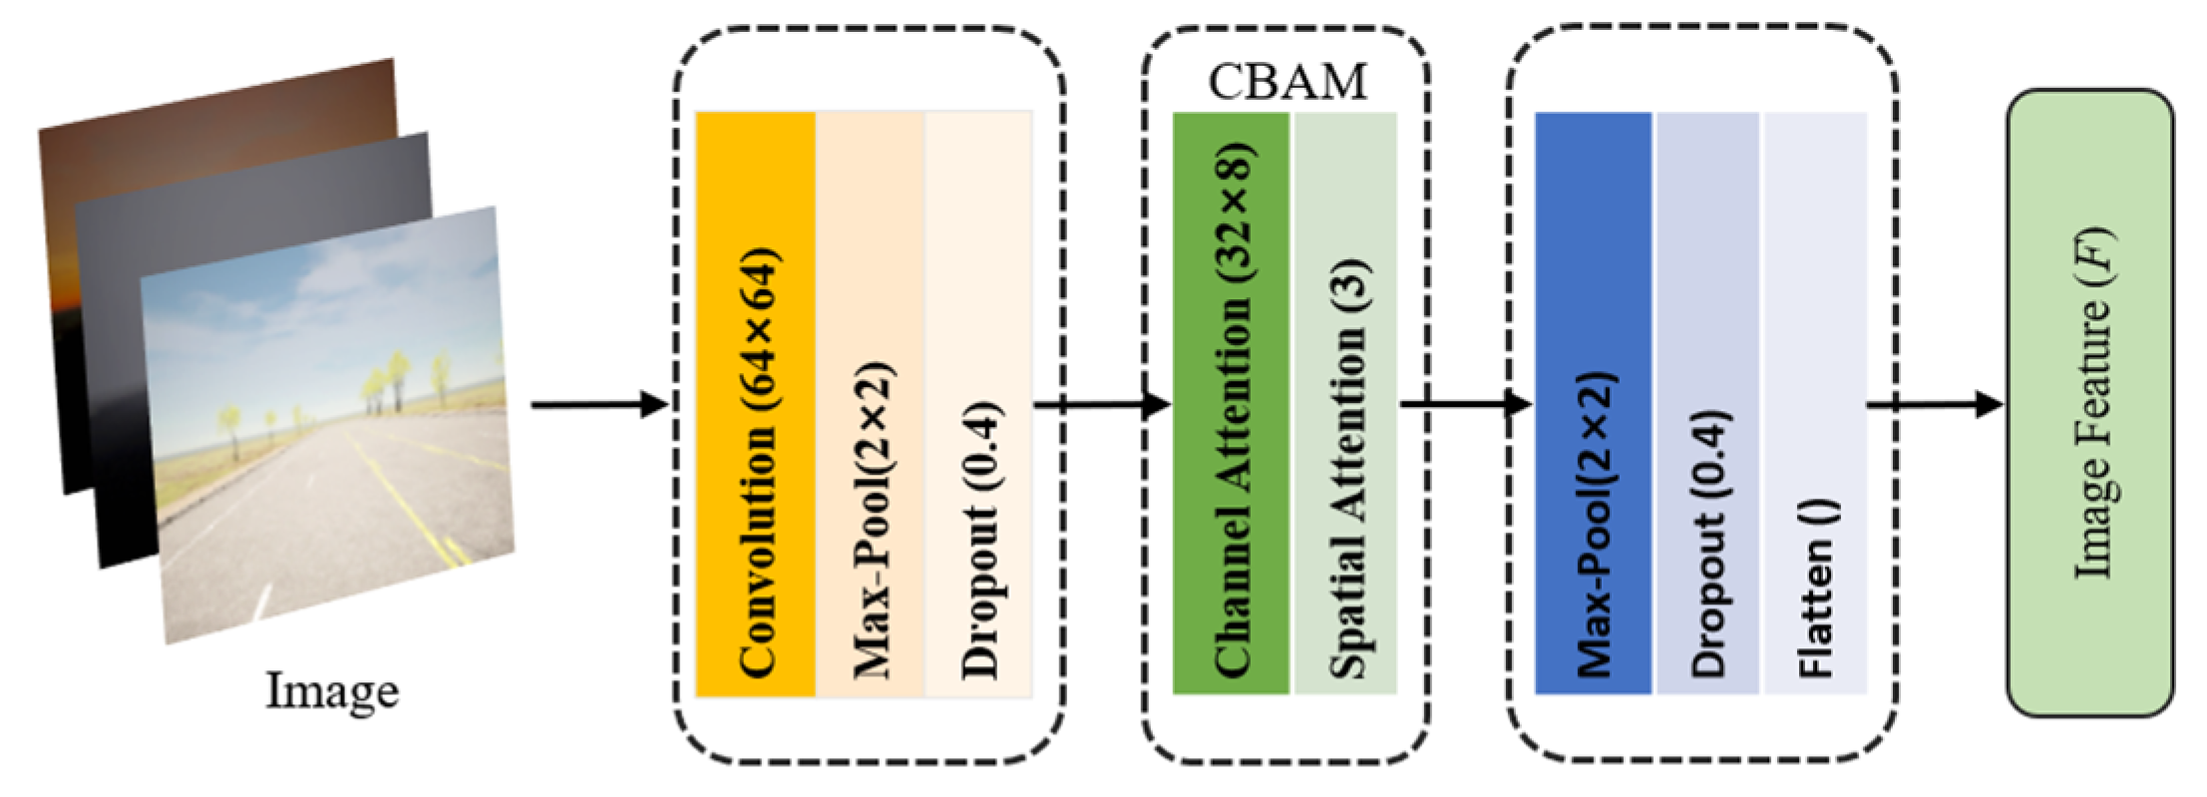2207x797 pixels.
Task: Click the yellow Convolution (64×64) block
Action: [x=755, y=403]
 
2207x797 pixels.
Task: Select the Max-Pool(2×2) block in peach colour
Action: [x=870, y=403]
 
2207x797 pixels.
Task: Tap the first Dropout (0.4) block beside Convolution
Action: [x=978, y=403]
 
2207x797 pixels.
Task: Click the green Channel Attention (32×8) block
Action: [x=1230, y=403]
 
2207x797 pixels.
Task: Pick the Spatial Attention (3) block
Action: [x=1345, y=403]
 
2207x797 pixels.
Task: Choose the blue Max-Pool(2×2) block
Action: [x=1593, y=403]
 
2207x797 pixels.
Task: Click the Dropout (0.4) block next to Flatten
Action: [x=1707, y=403]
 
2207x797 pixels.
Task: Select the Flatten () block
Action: [x=1815, y=403]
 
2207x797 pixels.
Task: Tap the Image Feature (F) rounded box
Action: [x=2089, y=403]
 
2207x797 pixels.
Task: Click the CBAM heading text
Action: [x=1287, y=83]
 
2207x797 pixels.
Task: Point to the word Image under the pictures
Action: [x=331, y=690]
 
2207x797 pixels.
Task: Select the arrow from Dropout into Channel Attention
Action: [x=1102, y=405]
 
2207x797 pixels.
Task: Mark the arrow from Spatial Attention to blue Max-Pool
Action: [x=1464, y=405]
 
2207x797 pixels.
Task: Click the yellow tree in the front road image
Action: [x=396, y=369]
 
